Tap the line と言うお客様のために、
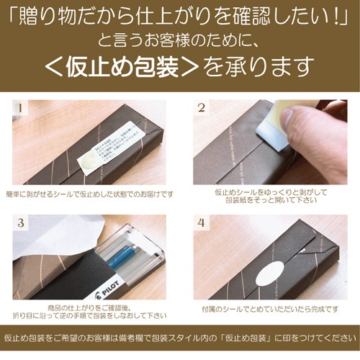click(x=179, y=40)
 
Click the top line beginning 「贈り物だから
click(x=179, y=14)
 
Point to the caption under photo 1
click(x=89, y=194)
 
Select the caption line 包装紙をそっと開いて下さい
click(x=270, y=202)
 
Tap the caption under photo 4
click(x=269, y=307)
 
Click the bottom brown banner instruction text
click(x=179, y=339)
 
